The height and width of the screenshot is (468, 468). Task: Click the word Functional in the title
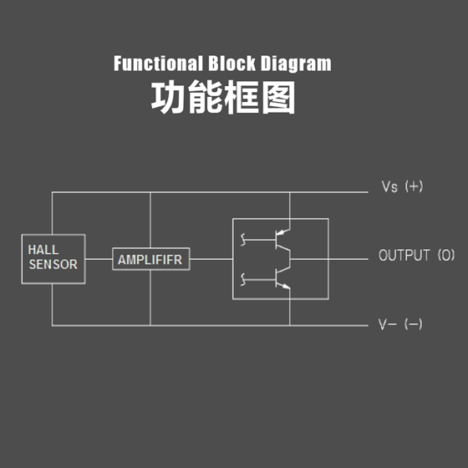157,64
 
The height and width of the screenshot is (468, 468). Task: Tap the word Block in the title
232,64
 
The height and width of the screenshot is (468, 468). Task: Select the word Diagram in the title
296,64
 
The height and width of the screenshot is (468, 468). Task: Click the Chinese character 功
168,97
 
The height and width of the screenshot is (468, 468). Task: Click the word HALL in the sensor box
43,250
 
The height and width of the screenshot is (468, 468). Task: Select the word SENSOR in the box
53,264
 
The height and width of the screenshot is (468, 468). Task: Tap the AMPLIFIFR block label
150,260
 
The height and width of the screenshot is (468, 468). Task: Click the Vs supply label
389,187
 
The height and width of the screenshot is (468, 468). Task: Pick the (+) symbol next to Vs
414,186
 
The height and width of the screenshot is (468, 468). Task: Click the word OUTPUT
404,255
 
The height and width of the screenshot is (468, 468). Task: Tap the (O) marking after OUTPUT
446,255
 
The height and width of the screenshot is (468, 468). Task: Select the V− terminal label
388,324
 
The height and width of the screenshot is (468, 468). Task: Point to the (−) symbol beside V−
414,324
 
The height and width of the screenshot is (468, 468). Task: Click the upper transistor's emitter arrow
283,232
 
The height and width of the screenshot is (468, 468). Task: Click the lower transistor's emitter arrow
286,287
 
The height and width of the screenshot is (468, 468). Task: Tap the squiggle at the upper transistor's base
243,239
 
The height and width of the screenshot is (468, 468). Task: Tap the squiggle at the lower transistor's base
243,280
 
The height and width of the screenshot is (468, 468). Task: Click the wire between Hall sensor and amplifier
99,259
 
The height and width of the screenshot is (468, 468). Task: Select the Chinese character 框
242,97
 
